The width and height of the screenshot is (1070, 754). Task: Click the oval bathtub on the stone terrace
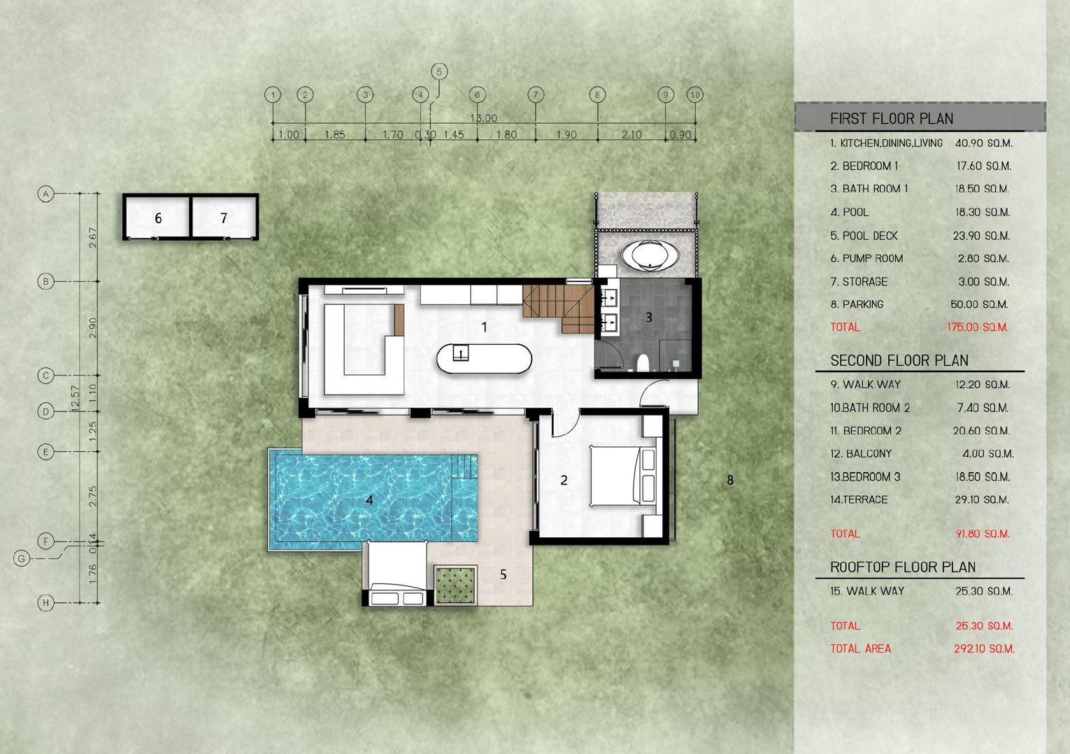click(x=650, y=255)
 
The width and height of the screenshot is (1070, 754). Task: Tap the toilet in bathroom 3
click(x=643, y=363)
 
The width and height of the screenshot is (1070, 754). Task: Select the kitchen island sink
click(x=460, y=353)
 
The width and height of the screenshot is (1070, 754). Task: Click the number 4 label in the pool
click(x=369, y=500)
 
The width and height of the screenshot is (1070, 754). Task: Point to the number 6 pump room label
click(x=158, y=218)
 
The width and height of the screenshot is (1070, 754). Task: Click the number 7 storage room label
click(x=224, y=218)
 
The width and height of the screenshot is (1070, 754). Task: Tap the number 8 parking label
click(x=730, y=480)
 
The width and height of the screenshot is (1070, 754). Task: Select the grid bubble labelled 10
click(x=695, y=94)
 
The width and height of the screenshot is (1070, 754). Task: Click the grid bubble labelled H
click(x=46, y=602)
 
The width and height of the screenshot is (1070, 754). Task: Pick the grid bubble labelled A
click(x=46, y=194)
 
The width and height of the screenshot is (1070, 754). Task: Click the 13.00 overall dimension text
click(x=483, y=118)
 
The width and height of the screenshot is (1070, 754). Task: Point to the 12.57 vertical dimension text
click(x=74, y=398)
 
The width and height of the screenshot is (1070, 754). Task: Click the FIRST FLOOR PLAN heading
click(x=892, y=118)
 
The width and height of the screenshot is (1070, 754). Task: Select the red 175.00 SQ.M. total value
click(x=977, y=327)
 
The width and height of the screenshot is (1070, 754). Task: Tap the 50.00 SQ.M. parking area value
click(x=979, y=304)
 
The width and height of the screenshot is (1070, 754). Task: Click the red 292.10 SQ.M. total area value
click(x=984, y=648)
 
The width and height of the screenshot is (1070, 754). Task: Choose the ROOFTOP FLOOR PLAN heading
click(x=903, y=567)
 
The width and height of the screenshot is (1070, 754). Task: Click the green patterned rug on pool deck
click(x=456, y=585)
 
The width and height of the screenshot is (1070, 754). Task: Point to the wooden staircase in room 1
click(x=558, y=308)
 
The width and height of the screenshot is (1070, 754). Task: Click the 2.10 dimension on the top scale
click(x=631, y=135)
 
